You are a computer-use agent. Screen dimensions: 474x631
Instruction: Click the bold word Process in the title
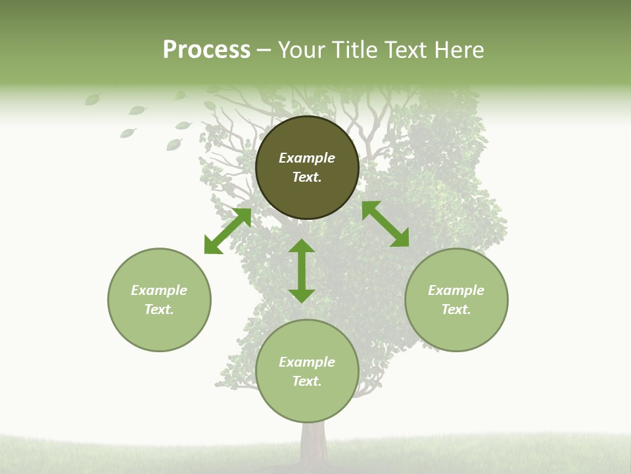pyautogui.click(x=206, y=50)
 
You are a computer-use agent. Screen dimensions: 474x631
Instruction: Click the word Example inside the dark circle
pyautogui.click(x=307, y=158)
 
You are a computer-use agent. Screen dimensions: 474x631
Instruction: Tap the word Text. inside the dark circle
pyautogui.click(x=307, y=177)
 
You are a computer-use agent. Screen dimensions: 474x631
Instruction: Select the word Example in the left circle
pyautogui.click(x=159, y=290)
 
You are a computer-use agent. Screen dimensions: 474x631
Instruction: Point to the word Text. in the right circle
pyautogui.click(x=456, y=309)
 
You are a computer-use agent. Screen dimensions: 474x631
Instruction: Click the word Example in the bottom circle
pyautogui.click(x=307, y=362)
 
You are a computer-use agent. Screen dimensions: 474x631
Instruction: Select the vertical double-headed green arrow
pyautogui.click(x=302, y=271)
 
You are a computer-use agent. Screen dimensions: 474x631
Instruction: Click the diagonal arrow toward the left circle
pyautogui.click(x=227, y=231)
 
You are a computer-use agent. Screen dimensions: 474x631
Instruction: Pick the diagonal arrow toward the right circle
pyautogui.click(x=385, y=224)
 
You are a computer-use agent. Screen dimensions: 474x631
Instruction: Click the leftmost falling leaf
pyautogui.click(x=93, y=99)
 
